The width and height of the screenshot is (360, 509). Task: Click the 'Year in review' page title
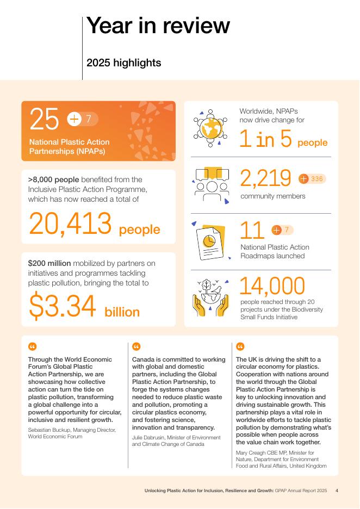point(158,26)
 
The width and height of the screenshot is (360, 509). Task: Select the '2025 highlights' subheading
point(124,63)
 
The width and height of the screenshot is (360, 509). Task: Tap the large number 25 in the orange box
point(44,119)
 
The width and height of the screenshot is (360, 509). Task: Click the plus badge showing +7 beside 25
point(83,119)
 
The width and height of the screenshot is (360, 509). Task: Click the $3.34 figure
point(63,307)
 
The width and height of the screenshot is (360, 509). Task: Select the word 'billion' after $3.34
point(122,312)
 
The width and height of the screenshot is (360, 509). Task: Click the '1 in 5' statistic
point(266,140)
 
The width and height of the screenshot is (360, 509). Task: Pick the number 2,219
point(265,178)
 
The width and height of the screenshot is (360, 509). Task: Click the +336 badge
point(312,178)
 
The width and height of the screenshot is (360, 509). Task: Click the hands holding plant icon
point(210,298)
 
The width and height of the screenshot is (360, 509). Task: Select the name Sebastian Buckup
point(49,430)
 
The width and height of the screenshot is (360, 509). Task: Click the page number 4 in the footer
point(337,491)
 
